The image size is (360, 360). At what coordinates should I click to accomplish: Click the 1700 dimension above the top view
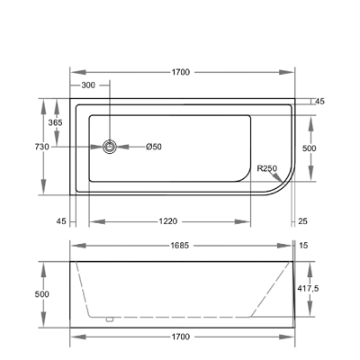pyautogui.click(x=181, y=72)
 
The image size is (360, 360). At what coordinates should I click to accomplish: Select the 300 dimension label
pyautogui.click(x=88, y=85)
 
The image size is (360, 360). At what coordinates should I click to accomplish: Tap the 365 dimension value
pyautogui.click(x=56, y=122)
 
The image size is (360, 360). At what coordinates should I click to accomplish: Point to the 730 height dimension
pyautogui.click(x=42, y=147)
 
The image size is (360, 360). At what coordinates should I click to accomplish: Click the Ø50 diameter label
pyautogui.click(x=154, y=147)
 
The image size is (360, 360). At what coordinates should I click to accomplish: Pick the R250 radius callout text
pyautogui.click(x=267, y=168)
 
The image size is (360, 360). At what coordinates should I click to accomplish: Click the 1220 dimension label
pyautogui.click(x=168, y=221)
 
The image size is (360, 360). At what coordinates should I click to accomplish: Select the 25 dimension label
pyautogui.click(x=302, y=221)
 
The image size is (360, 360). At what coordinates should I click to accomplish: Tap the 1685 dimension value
pyautogui.click(x=180, y=246)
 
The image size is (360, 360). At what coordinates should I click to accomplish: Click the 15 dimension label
pyautogui.click(x=303, y=246)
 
